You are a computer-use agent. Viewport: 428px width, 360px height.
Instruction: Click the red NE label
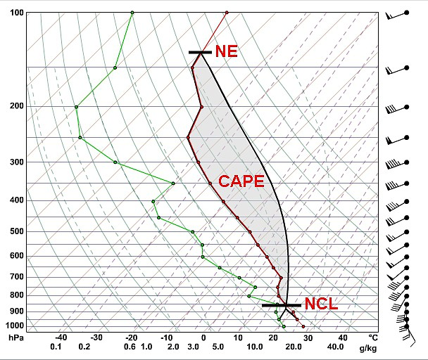coord(226,51)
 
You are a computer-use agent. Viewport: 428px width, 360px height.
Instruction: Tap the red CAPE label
coord(241,181)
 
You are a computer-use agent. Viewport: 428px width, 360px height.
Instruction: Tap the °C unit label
coord(372,338)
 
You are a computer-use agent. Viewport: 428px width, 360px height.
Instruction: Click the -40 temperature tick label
coord(61,338)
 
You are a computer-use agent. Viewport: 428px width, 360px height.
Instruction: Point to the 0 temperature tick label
coord(203,338)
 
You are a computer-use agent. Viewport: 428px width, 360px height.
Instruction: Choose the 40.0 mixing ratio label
coord(335,347)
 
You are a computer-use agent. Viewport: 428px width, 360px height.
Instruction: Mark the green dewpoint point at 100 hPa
coord(132,13)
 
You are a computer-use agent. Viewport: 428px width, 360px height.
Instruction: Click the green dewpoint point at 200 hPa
coord(77,107)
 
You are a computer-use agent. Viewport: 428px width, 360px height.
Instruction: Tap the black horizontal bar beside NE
coord(200,52)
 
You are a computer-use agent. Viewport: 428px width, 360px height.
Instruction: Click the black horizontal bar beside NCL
coord(282,305)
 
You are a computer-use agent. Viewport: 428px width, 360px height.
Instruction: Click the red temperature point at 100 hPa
coord(227,13)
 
